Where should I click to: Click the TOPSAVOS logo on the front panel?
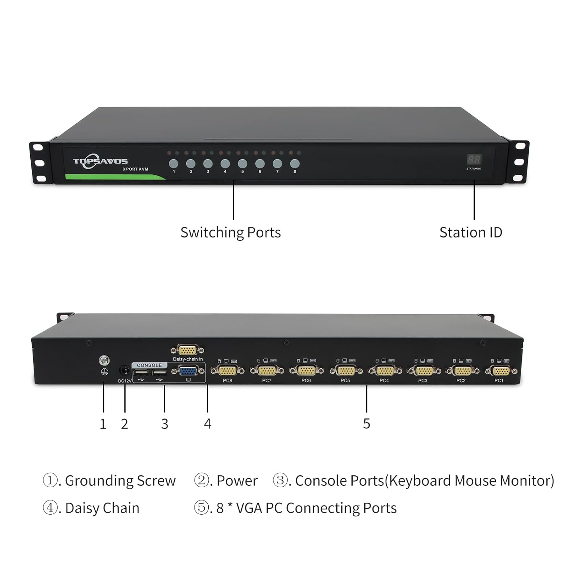point(100,161)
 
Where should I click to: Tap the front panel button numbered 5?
point(242,163)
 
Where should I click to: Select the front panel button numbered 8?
point(295,163)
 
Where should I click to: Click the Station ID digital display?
point(473,160)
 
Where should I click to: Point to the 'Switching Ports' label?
point(230,232)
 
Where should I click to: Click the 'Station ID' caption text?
point(470,232)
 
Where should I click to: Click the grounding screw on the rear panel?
point(104,361)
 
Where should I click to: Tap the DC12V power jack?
point(124,371)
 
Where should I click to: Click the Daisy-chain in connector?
point(187,350)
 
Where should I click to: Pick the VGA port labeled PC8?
point(227,371)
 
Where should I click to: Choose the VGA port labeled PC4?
point(385,371)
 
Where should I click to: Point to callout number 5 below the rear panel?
point(367,424)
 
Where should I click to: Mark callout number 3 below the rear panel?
point(165,424)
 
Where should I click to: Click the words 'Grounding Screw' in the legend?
point(120,481)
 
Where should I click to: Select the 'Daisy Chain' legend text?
point(102,508)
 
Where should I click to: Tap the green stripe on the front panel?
point(112,177)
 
